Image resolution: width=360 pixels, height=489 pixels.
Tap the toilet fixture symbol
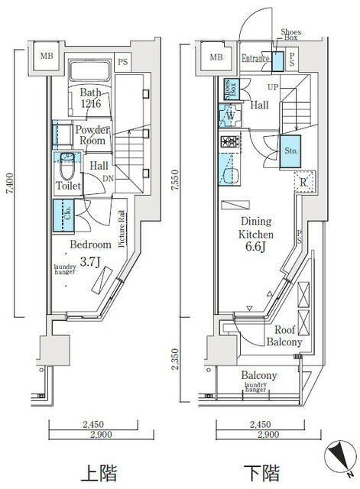click(x=68, y=161)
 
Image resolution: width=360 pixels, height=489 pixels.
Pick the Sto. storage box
click(x=291, y=151)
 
